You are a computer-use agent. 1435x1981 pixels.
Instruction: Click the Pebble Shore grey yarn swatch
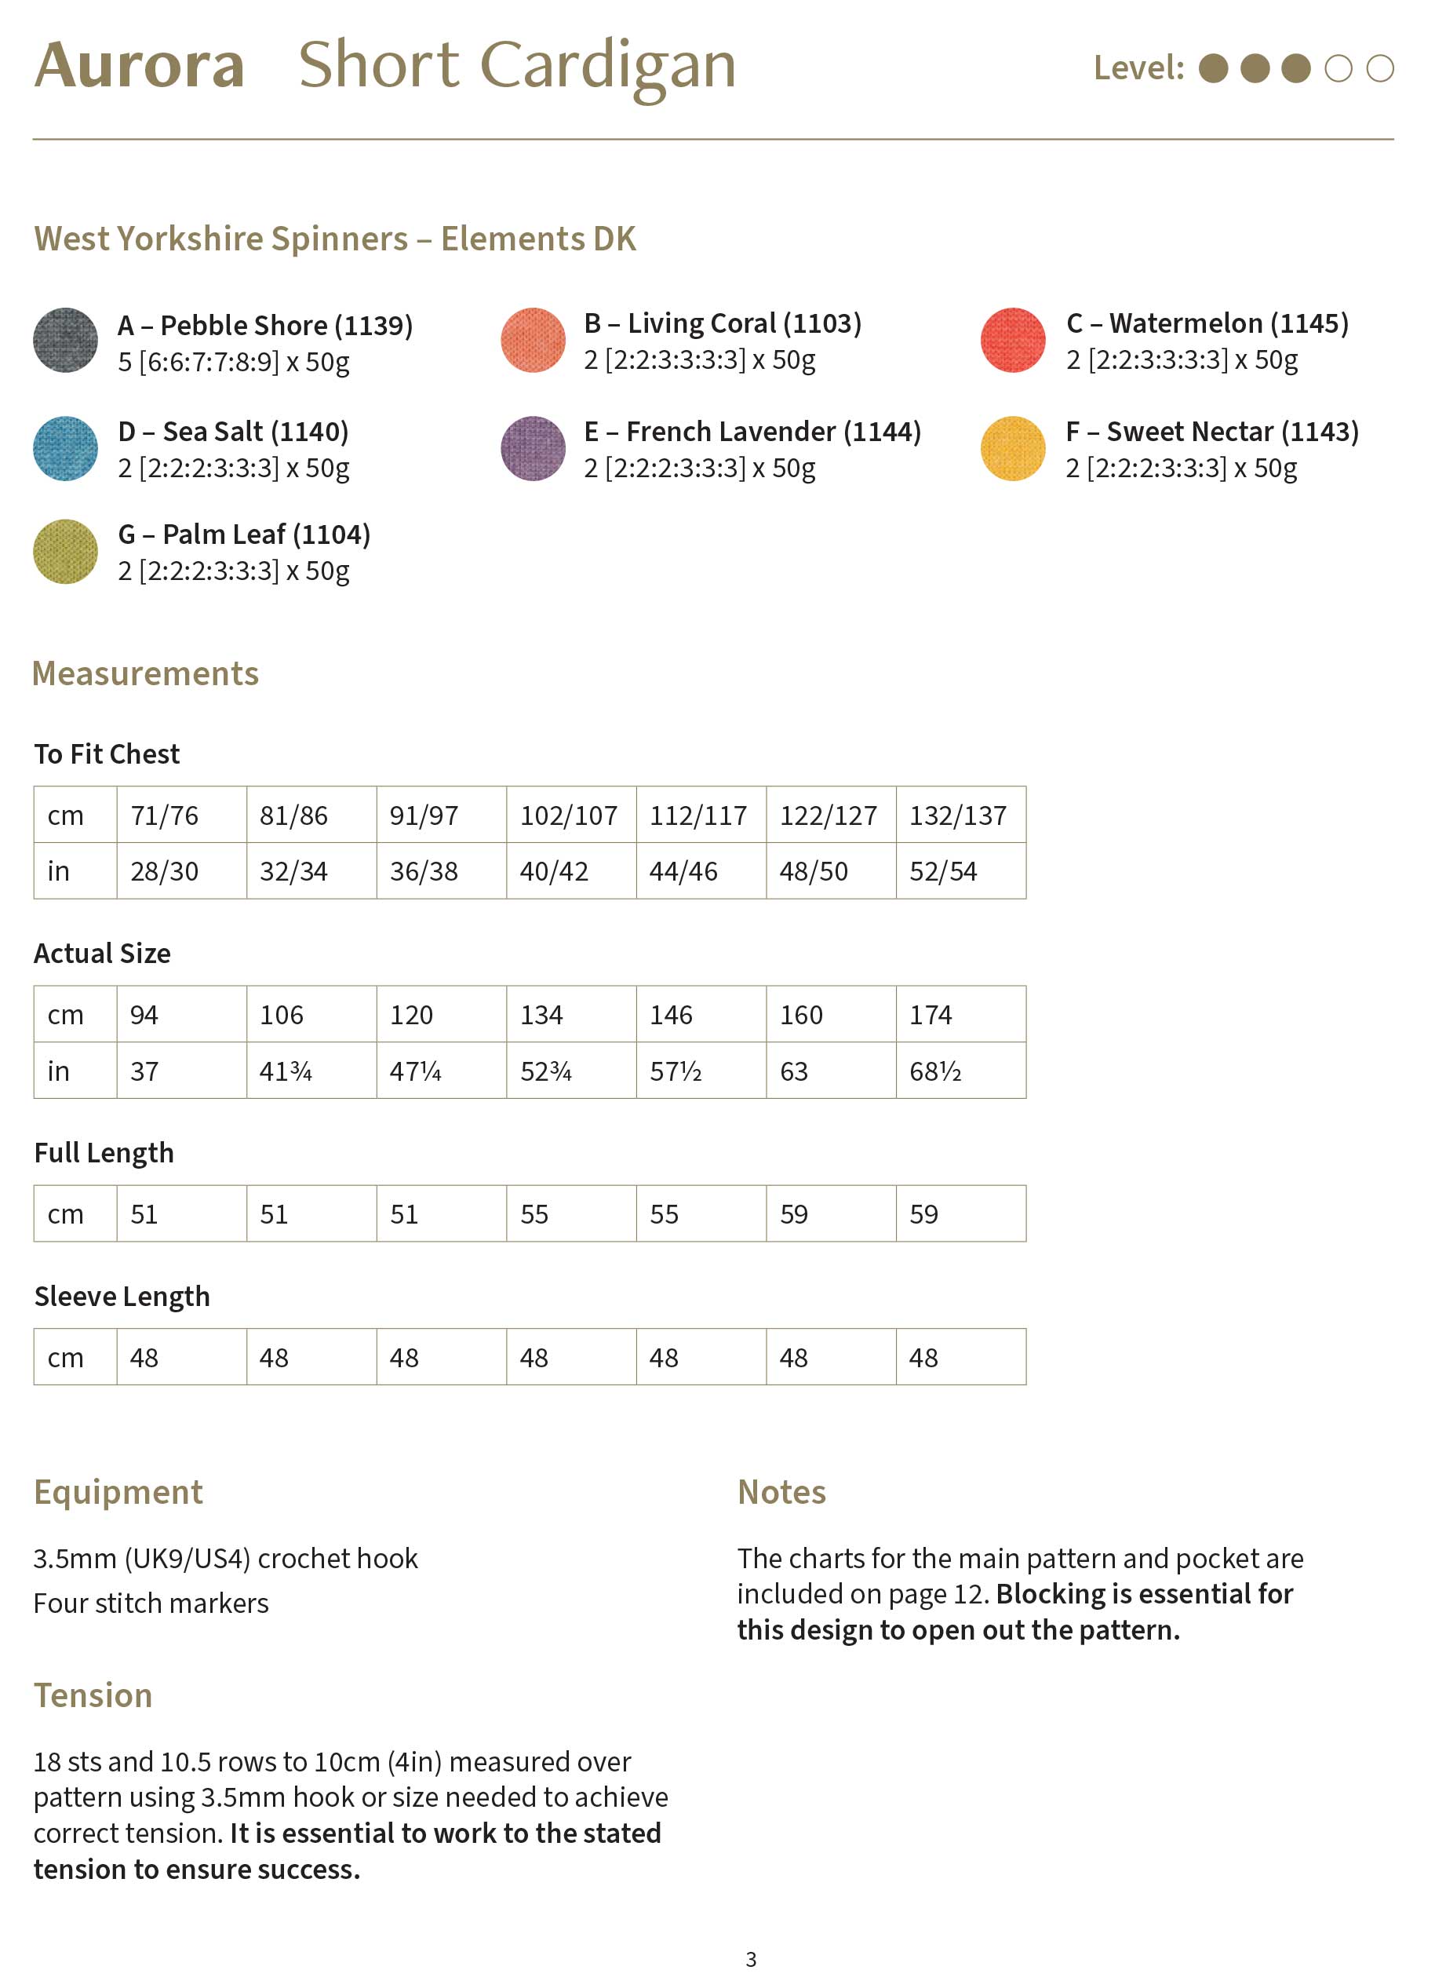point(65,341)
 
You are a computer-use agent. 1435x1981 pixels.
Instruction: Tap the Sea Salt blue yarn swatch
point(65,449)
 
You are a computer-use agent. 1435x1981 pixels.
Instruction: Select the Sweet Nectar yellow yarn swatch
point(1013,449)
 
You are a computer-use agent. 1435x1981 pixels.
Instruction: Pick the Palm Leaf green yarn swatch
point(65,552)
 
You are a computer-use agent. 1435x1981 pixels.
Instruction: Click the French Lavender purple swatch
point(533,449)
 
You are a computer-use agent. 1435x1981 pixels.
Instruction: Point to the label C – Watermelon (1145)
point(1207,323)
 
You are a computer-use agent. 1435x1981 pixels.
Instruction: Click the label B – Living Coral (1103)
point(723,323)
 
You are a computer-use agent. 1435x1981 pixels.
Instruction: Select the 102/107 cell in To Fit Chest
point(569,815)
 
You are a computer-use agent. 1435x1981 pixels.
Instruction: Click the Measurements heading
point(146,673)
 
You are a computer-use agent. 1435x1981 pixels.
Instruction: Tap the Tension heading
point(93,1695)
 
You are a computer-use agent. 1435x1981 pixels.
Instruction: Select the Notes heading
point(781,1492)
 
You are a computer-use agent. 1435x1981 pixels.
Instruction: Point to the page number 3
point(750,1959)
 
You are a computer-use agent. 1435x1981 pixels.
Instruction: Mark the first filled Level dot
point(1213,68)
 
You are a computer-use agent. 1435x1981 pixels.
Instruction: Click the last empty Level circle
point(1380,68)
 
